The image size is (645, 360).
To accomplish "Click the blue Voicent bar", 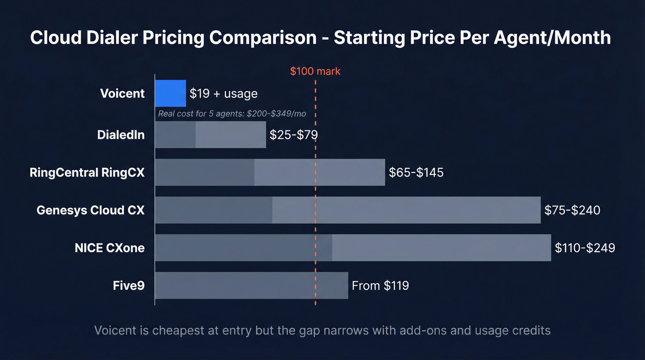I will [x=170, y=94].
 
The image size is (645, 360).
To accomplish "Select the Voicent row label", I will [x=122, y=94].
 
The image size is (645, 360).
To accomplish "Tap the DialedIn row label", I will [x=121, y=135].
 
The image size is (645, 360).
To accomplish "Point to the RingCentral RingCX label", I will [x=87, y=172].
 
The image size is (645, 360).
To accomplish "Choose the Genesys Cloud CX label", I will [x=90, y=210].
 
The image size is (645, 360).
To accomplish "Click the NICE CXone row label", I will [x=110, y=248].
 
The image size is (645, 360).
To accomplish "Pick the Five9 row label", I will [x=129, y=286].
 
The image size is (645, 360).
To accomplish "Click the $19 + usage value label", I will [x=223, y=94].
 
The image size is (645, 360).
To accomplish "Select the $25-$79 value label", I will [x=293, y=135].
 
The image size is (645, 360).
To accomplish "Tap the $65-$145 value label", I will [x=416, y=172].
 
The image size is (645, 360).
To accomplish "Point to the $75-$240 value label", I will [x=572, y=210].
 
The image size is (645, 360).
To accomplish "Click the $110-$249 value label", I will [x=585, y=248].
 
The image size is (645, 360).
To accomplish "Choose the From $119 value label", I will [x=380, y=286].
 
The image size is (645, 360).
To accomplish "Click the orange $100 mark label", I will [x=315, y=71].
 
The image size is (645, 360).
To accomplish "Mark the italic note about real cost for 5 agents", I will [x=238, y=114].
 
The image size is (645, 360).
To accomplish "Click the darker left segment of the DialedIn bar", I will [x=175, y=135].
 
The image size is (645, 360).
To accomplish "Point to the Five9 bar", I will [x=251, y=286].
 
